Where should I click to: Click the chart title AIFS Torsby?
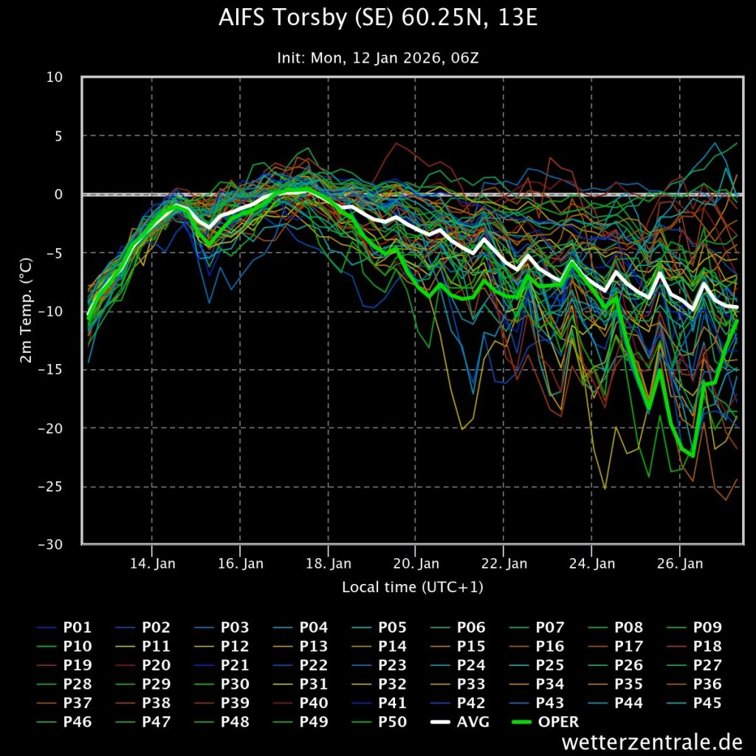click(x=378, y=18)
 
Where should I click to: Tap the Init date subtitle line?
click(x=378, y=58)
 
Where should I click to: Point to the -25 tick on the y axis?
click(x=51, y=487)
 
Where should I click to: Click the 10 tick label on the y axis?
click(x=55, y=77)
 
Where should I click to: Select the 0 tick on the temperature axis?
click(x=59, y=194)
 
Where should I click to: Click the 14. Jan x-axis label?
click(x=152, y=563)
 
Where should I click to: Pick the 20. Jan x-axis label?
click(x=416, y=563)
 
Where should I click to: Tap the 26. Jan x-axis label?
click(x=680, y=563)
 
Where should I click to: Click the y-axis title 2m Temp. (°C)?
click(x=26, y=311)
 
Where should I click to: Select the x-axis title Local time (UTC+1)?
click(x=413, y=587)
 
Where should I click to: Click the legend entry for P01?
click(x=64, y=628)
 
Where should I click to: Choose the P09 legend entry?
click(x=694, y=628)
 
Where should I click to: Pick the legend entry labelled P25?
click(x=537, y=665)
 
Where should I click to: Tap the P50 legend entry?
click(x=379, y=722)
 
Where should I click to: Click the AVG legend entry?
click(x=460, y=722)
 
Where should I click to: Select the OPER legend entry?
click(x=546, y=722)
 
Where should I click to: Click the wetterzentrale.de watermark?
click(x=652, y=741)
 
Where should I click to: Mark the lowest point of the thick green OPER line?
click(x=693, y=456)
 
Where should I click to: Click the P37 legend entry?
click(x=64, y=703)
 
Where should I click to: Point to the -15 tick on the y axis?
click(x=51, y=370)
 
